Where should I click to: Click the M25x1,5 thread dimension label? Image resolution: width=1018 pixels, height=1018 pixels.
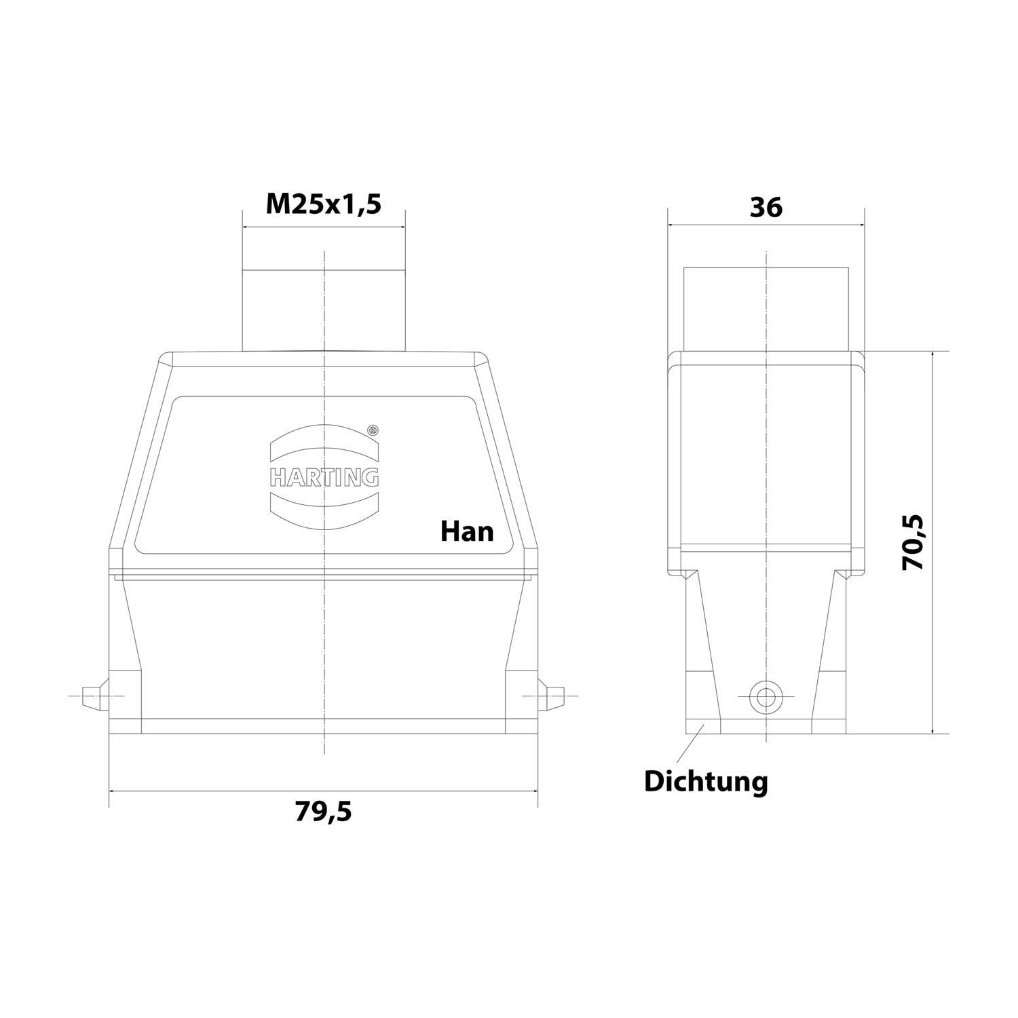323,203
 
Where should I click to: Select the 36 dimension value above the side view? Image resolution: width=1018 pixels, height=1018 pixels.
766,207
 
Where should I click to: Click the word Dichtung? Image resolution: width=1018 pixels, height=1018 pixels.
706,781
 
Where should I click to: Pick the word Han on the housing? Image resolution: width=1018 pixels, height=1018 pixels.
467,531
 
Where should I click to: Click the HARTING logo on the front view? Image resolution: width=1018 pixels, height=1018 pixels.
324,476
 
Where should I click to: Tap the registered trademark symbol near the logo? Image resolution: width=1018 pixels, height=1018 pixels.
372,430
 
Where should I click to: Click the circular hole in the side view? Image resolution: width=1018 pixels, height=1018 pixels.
765,696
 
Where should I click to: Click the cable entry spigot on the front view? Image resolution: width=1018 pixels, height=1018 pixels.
323,309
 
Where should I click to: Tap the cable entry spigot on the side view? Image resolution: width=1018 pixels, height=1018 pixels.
766,309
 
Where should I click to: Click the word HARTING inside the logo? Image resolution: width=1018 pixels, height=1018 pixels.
324,478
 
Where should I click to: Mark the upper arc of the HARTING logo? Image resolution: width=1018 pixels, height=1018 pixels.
324,441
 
